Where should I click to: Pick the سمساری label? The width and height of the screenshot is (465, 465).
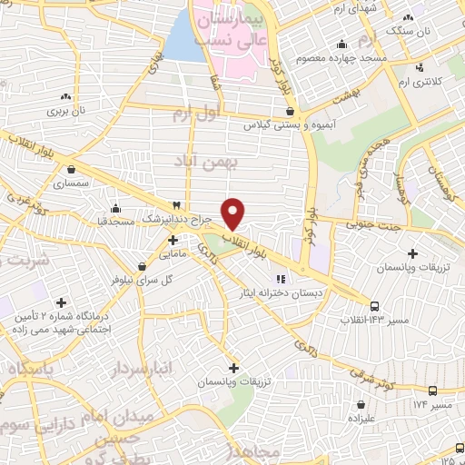point(71,183)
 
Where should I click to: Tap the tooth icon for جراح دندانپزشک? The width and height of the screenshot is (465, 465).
point(178,204)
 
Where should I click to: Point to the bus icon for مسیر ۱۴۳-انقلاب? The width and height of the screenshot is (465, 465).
point(375,305)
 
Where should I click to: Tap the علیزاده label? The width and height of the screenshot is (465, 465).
point(363,418)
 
